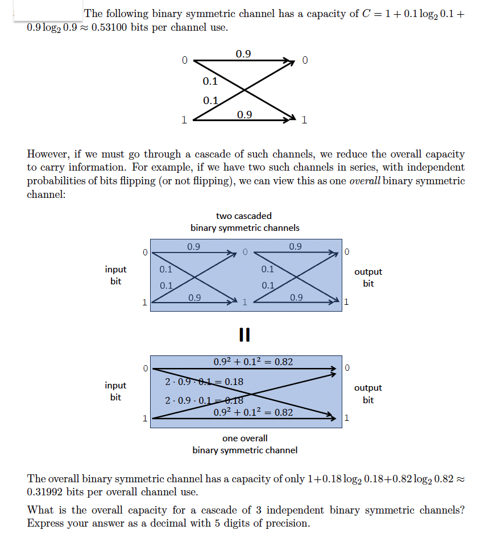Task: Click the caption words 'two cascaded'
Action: click(244, 216)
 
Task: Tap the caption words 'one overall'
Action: click(244, 438)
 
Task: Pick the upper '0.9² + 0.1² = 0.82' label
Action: click(253, 362)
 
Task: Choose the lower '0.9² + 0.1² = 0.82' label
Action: click(253, 412)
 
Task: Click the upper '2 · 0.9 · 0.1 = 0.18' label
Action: click(204, 382)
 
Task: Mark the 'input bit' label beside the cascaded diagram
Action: click(115, 275)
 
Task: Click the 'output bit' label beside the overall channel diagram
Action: click(368, 394)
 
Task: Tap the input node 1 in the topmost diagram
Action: click(183, 119)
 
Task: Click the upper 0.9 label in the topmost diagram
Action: click(243, 54)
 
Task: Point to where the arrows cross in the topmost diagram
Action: click(244, 89)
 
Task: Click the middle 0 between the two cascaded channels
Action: click(244, 251)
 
